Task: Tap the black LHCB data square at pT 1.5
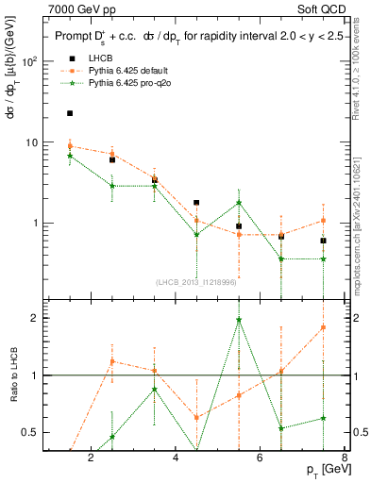tap(70, 113)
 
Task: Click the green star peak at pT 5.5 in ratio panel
tap(239, 320)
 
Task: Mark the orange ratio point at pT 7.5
tap(324, 327)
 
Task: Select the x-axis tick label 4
tap(176, 459)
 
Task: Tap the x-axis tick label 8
tap(346, 459)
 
